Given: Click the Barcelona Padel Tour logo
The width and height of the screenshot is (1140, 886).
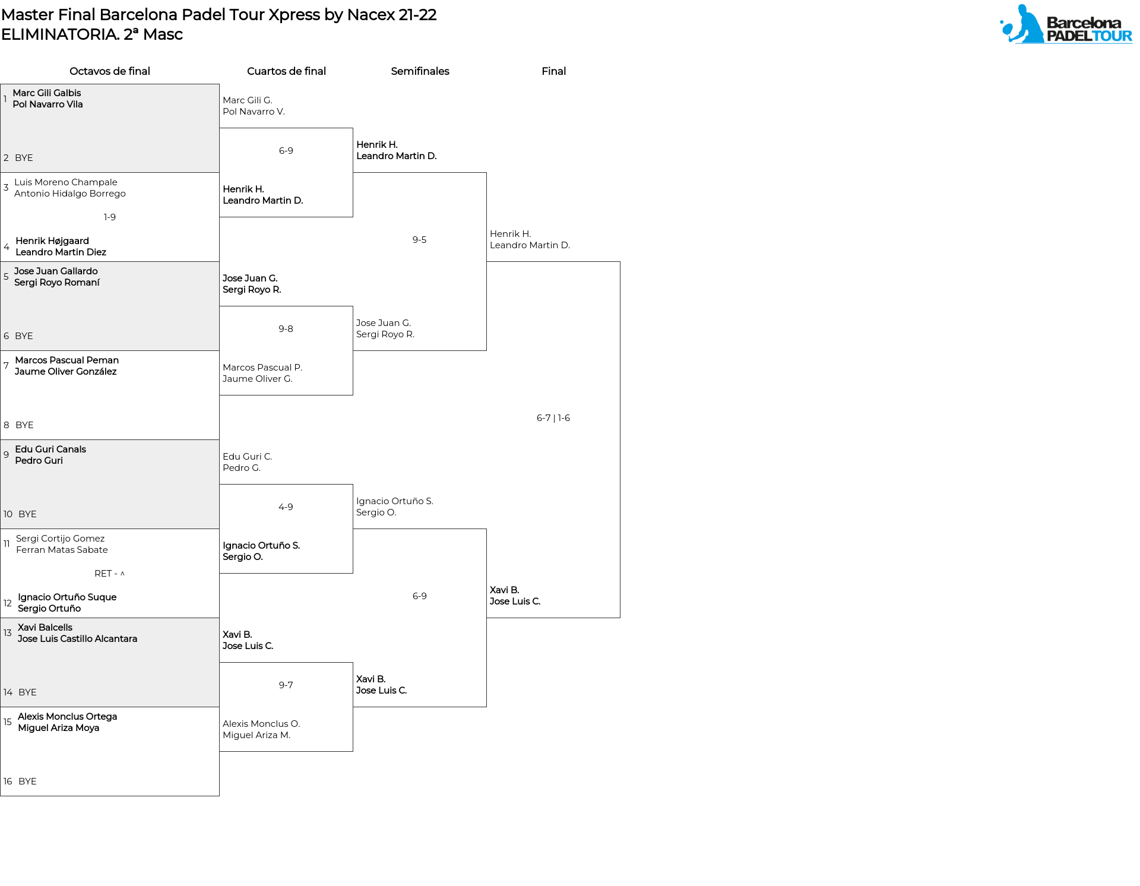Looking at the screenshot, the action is tap(1066, 24).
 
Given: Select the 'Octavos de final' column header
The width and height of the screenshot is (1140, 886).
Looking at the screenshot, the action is tap(110, 71).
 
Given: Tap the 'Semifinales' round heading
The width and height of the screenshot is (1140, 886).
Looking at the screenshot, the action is tap(420, 71).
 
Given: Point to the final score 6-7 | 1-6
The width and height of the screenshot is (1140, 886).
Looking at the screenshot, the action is tap(553, 418).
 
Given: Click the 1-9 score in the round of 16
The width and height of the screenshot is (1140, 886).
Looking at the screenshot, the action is tap(110, 217).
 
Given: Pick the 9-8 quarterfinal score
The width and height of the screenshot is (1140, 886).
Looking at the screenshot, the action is tap(286, 329).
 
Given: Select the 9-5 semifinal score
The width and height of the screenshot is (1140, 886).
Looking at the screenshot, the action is tap(419, 240).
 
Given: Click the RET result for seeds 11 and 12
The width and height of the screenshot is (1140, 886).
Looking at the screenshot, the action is tap(110, 574).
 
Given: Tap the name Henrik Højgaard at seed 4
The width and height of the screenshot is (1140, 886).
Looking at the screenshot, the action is tap(52, 241).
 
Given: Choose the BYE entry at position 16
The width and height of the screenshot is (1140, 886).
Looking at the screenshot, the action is tap(27, 781).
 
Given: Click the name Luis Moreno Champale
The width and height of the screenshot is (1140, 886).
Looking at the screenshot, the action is tap(66, 182).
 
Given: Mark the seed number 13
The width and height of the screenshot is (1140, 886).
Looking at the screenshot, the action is tap(7, 633).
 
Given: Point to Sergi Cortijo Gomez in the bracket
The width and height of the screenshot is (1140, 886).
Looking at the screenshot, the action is tap(61, 539).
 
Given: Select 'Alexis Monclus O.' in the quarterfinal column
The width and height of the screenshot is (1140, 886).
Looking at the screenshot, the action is tap(261, 724).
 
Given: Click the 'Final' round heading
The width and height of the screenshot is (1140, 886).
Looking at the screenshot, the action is tap(553, 71).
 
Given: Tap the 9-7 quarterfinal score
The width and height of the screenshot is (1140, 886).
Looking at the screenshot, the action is tap(286, 685).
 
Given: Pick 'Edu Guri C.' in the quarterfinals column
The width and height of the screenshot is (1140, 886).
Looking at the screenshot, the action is tap(247, 457).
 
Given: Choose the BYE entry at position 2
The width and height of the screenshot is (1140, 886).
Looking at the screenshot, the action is tap(24, 158).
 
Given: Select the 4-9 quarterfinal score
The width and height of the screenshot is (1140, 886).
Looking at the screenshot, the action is tap(286, 507).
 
